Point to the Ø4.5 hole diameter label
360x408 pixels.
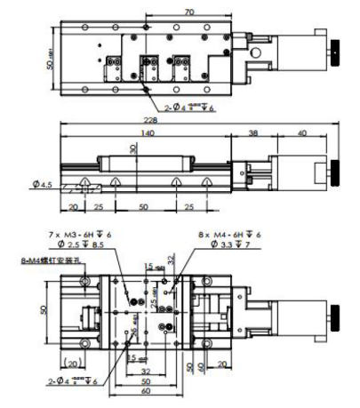40,185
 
